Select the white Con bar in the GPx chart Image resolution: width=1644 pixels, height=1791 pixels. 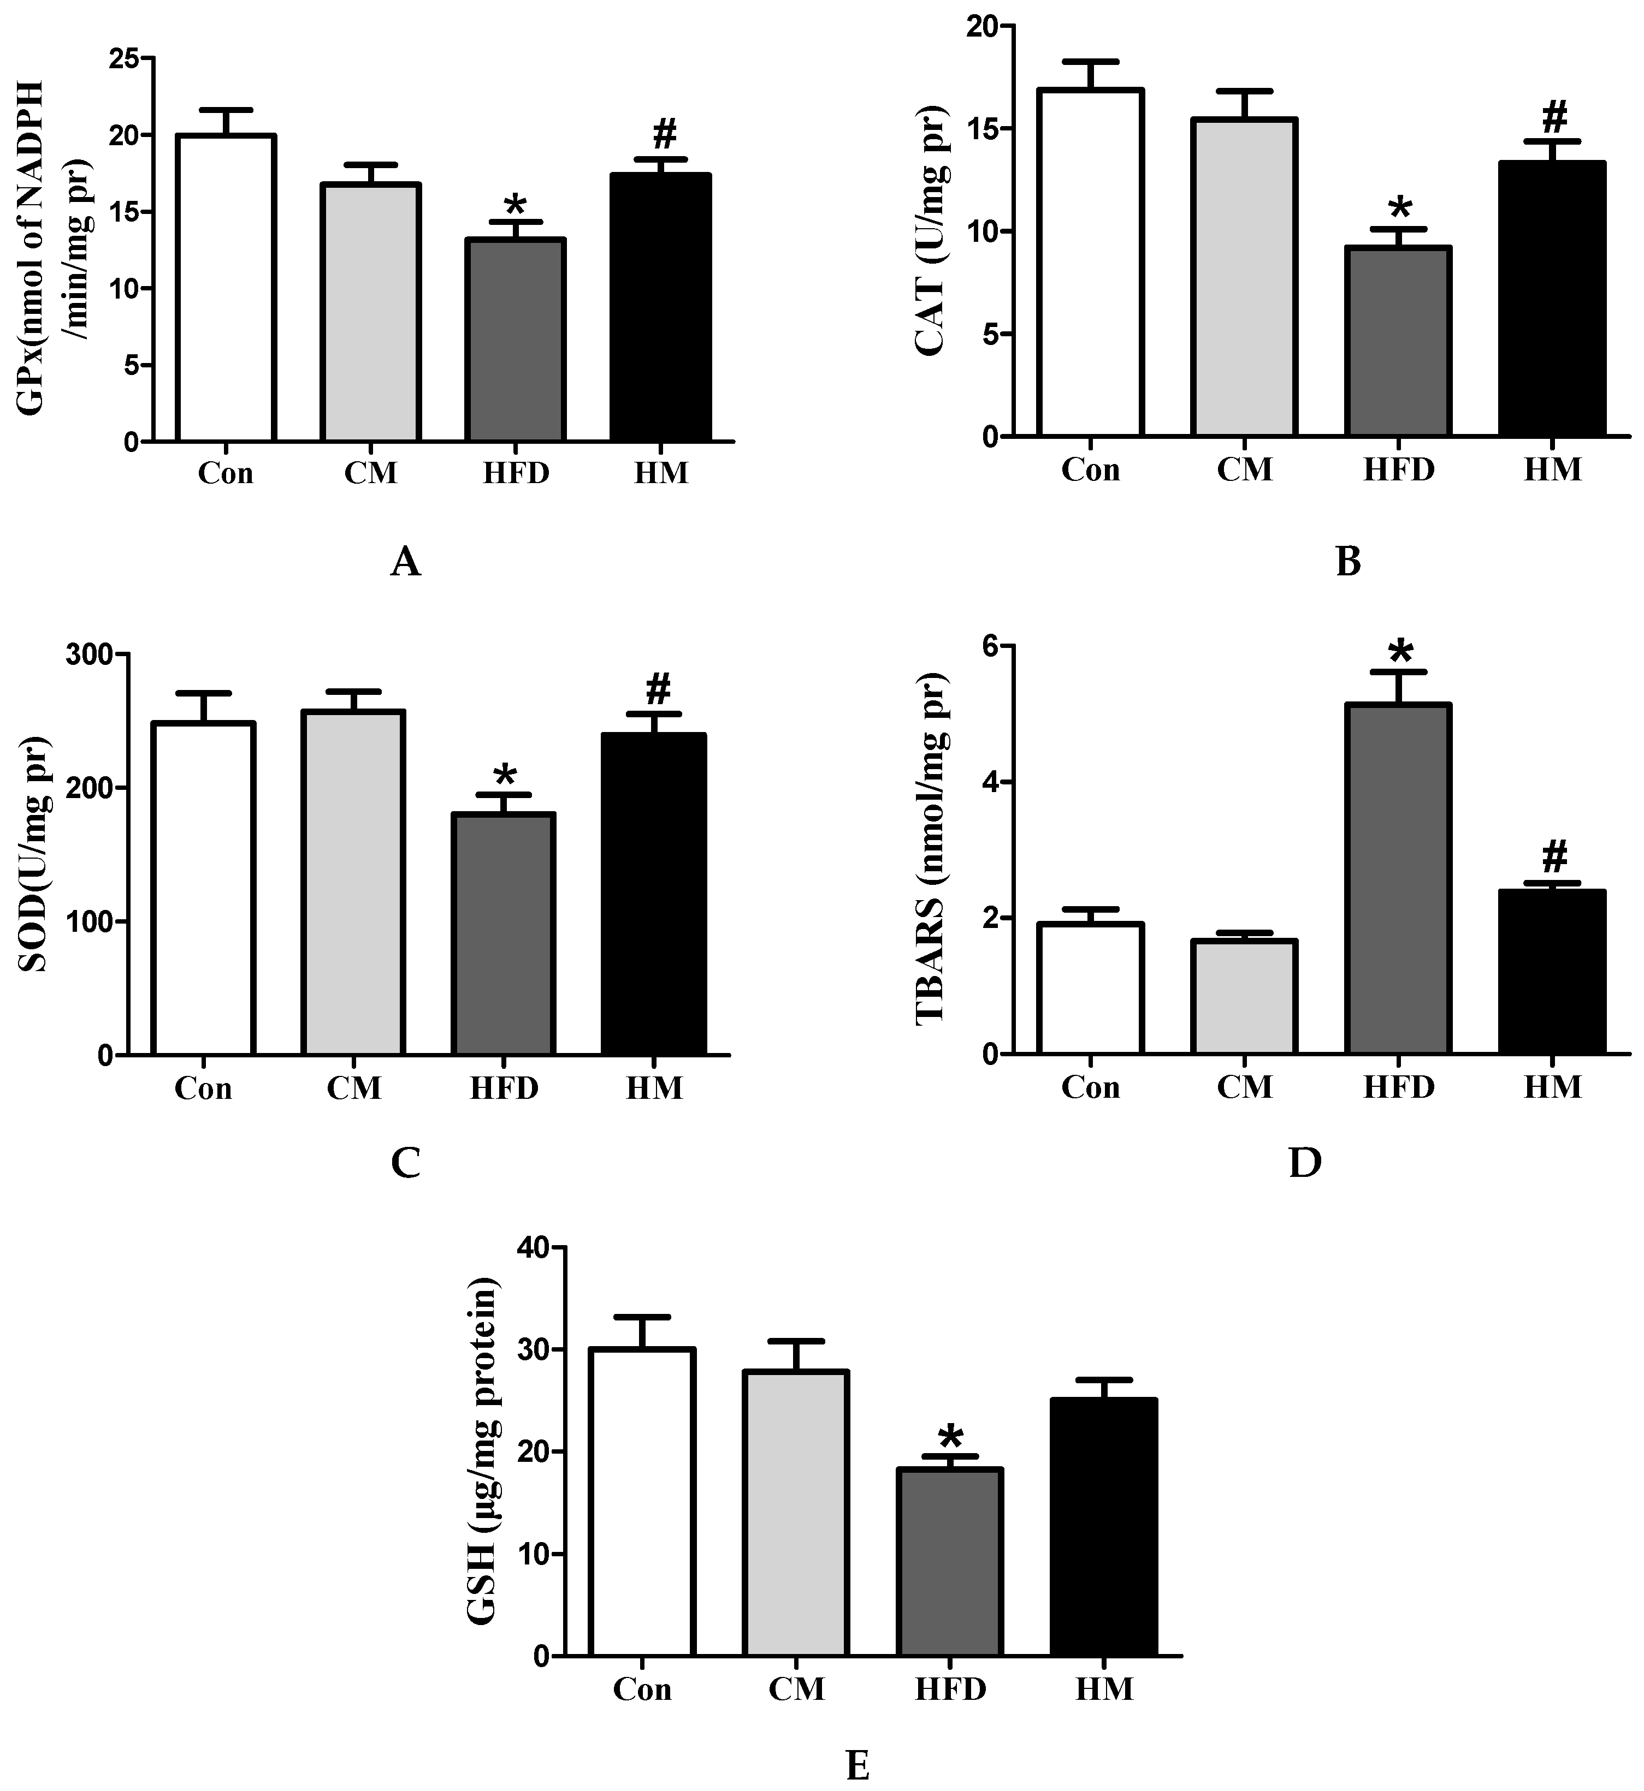(x=226, y=288)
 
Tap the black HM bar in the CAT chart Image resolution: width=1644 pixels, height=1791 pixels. (x=1552, y=299)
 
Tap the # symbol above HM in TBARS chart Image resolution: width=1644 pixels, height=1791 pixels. (x=1553, y=857)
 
